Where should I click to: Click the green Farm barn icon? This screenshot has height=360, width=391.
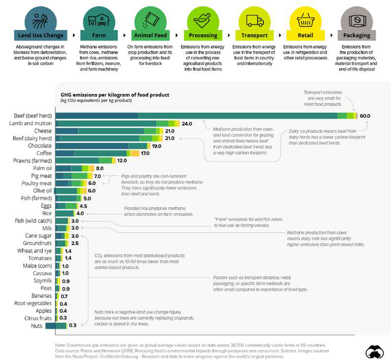point(99,20)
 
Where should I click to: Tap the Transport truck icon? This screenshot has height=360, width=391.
point(254,20)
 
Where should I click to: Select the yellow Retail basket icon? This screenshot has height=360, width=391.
point(305,20)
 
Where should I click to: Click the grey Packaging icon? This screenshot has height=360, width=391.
point(357,20)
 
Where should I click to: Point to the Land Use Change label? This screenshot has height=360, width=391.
point(40,36)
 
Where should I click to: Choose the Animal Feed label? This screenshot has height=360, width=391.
point(150,36)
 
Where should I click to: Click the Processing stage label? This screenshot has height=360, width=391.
point(203,36)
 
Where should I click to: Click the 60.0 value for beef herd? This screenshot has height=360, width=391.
point(365,116)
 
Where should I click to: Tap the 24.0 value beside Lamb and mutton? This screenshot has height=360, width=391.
point(187,123)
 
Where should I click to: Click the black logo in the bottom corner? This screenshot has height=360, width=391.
point(374,351)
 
